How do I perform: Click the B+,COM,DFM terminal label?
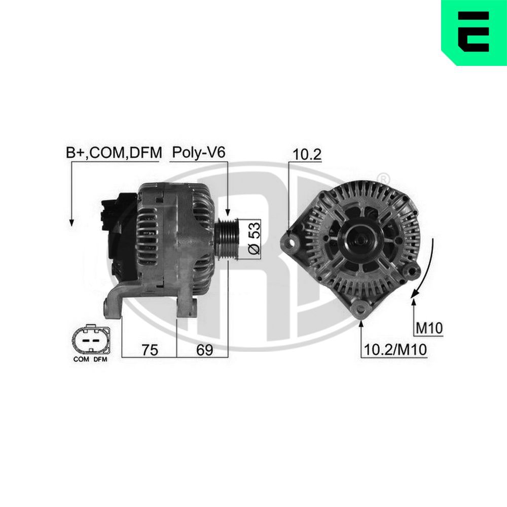113,152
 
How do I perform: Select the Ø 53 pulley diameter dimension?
254,237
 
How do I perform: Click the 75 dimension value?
149,349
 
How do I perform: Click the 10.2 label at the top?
307,155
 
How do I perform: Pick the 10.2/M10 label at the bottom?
394,349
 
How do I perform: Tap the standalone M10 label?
429,329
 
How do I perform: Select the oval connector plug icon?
91,340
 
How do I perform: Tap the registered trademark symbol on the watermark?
384,178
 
